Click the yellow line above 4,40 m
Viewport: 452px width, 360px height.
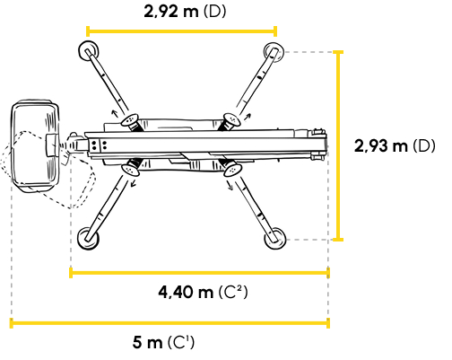click(199, 273)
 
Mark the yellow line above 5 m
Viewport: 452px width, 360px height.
click(169, 323)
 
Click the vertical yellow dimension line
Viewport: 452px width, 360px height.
click(338, 145)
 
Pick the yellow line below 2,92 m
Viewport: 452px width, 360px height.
click(181, 31)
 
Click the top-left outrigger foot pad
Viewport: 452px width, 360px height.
click(89, 51)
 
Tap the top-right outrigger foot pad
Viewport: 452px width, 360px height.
click(274, 52)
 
